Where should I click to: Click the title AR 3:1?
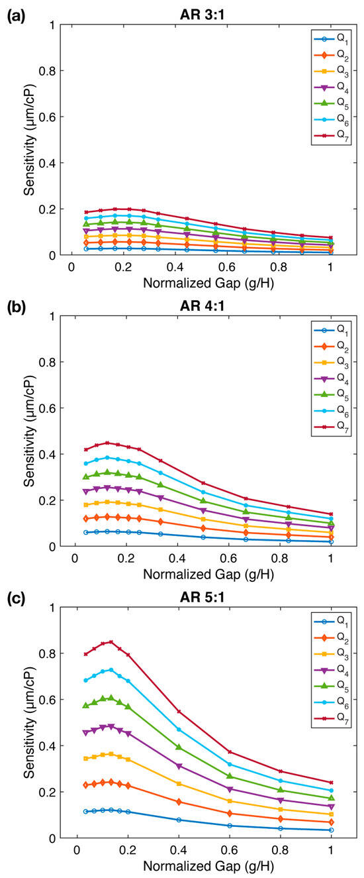201,15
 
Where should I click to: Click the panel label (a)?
17,15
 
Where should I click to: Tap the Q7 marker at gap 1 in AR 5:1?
331,783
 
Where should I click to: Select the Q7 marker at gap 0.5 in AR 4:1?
203,483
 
